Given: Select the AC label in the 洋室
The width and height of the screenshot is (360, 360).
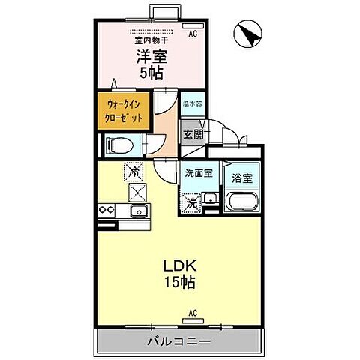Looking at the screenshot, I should tap(193, 34).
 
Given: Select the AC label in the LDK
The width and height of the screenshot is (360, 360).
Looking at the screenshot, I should tap(192, 313).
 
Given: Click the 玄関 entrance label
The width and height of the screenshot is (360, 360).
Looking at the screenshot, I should tap(193, 135).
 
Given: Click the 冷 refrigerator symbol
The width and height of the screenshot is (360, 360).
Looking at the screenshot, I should tap(133, 172).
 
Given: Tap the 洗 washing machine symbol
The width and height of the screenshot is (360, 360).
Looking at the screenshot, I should tap(192, 202).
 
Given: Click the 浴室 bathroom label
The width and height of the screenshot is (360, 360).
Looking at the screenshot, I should tap(241, 178).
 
